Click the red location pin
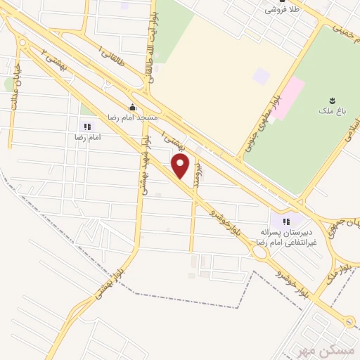pyautogui.click(x=181, y=167)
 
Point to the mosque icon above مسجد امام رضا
pyautogui.click(x=131, y=108)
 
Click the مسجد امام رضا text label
pyautogui.click(x=132, y=117)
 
